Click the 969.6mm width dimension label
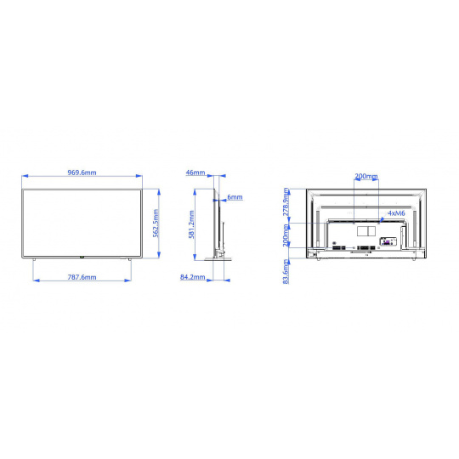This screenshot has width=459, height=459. (82, 173)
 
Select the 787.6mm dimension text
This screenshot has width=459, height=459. (82, 277)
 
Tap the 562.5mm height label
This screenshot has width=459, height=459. (156, 223)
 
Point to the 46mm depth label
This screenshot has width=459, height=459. (195, 173)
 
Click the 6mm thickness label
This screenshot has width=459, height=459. (235, 197)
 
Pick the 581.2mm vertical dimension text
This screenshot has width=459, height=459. (192, 224)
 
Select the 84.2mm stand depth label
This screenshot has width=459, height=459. (193, 276)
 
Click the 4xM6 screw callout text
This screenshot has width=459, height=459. (396, 213)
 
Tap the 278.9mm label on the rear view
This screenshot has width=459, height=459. (286, 201)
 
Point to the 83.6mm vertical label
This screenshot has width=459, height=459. (286, 272)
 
